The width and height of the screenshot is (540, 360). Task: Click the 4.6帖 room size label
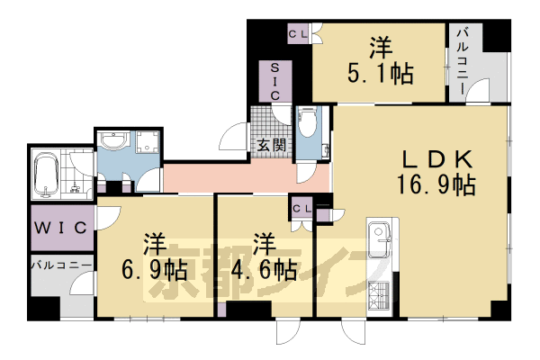263,268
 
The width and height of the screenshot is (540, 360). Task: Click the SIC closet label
275,82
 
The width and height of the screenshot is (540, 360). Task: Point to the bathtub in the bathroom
46,175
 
